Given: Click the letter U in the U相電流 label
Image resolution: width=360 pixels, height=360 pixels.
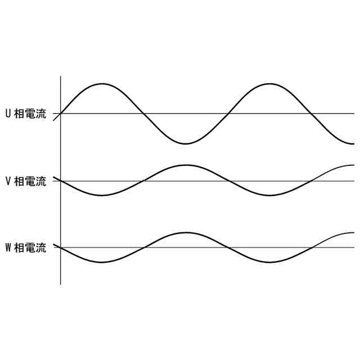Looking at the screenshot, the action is coord(8,114).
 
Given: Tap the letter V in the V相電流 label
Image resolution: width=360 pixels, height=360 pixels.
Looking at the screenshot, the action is coord(8,181).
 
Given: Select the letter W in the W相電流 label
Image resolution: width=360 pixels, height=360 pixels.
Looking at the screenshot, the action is coord(8,247).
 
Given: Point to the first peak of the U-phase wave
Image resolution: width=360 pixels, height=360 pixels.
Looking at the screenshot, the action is coord(102,84).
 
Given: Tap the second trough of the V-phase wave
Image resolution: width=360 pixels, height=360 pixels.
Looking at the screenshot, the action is coord(271,195).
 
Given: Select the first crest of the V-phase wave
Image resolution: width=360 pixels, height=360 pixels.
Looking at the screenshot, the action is coord(186,165).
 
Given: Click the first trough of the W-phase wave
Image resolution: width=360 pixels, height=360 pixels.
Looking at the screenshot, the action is coord(102,262).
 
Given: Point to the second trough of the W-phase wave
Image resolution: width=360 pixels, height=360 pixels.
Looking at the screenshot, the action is coord(271,262).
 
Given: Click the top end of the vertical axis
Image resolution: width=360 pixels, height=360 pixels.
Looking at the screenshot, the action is coord(60,76).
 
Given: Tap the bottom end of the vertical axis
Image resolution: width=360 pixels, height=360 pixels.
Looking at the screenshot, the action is coord(60,284).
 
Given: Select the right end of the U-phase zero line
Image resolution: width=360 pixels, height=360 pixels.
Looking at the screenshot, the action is coord(354,114).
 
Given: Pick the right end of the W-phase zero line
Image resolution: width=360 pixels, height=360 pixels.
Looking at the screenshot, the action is coord(354,247).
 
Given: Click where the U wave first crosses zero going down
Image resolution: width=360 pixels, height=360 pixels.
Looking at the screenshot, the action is coord(144,114).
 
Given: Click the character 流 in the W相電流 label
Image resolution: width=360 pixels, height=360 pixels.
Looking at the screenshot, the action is coord(41,247).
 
